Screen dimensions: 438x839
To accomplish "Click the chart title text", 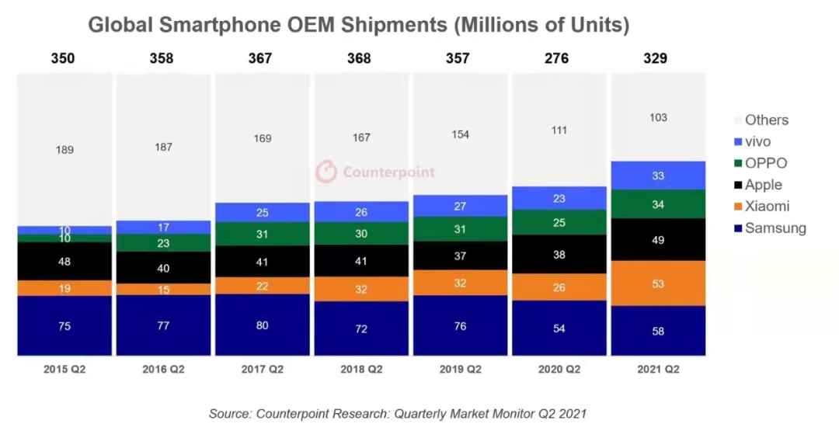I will (x=358, y=25).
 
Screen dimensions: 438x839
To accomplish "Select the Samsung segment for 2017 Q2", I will (x=262, y=325).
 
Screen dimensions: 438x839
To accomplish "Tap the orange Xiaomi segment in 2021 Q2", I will (x=658, y=283).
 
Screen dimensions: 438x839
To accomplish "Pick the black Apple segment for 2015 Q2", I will (x=64, y=262).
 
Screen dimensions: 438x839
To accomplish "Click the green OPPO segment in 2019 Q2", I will (x=460, y=229).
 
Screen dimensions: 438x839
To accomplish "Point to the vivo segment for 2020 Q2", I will (x=559, y=198).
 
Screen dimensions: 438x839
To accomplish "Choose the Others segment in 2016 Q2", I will (x=163, y=147).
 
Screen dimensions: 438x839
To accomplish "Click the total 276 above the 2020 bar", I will (x=557, y=58).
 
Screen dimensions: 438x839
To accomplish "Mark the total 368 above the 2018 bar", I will (x=360, y=58).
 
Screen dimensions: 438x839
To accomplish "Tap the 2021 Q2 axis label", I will (x=657, y=370).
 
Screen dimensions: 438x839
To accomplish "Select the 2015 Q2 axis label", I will (x=64, y=370).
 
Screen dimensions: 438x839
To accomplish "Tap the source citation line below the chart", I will (x=397, y=414).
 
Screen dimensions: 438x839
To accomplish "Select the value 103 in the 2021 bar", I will (x=658, y=117).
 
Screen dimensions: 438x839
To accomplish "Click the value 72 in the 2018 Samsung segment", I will (x=361, y=328).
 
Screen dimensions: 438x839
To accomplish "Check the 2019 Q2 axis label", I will (x=460, y=370).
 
